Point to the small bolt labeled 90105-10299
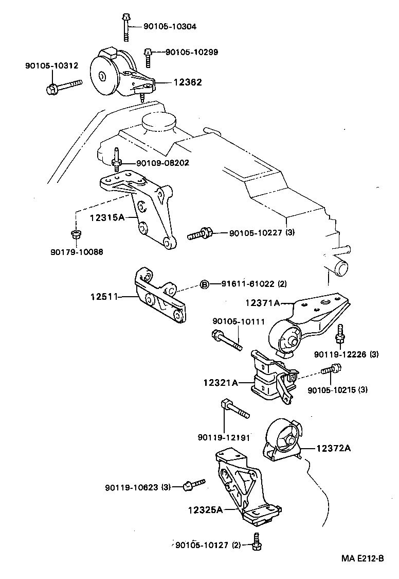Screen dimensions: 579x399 tap(148, 56)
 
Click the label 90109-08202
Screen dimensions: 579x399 tap(162, 163)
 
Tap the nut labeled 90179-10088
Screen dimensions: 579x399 tap(75, 235)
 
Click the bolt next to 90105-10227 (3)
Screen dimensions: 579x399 tap(200, 234)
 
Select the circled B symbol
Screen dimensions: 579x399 tap(204, 284)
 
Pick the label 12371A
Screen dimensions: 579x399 tap(262, 303)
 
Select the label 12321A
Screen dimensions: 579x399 tap(220, 383)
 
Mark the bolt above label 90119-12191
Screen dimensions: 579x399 tap(234, 408)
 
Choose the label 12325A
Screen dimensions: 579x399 tap(205, 510)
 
